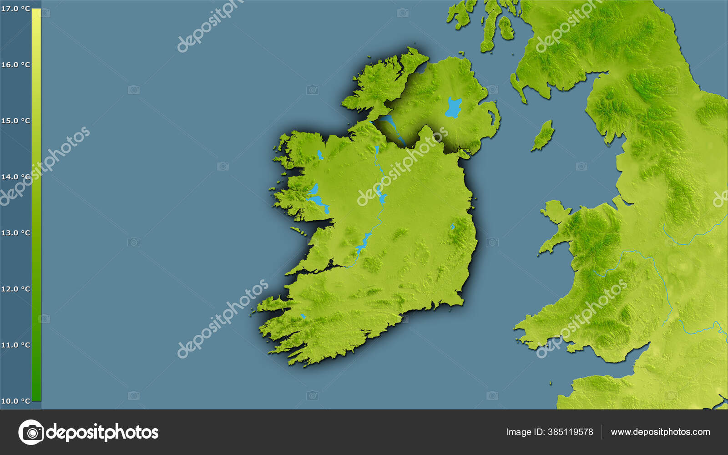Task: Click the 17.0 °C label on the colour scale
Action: coord(15,9)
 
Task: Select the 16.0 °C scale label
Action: coord(15,65)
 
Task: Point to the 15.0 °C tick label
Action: coord(15,121)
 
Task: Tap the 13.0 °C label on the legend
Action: coord(15,233)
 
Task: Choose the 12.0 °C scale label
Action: coord(15,289)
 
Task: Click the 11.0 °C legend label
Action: coord(15,345)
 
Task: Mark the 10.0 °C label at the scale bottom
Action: coord(15,401)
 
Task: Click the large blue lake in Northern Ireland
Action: coord(453,107)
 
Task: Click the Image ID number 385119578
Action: coord(571,432)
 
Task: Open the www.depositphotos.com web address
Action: coord(660,432)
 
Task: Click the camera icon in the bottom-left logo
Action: coord(31,432)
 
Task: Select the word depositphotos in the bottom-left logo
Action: coord(102,432)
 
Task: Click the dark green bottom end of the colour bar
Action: coord(36,396)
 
